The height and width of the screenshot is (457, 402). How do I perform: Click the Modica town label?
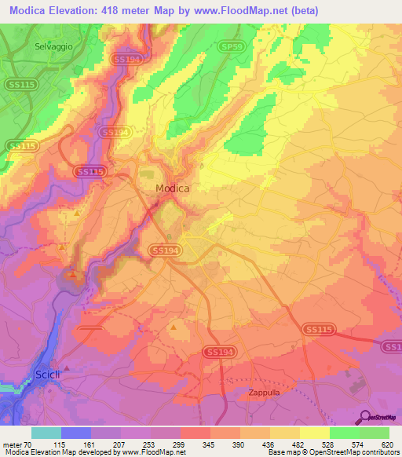click(x=172, y=188)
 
